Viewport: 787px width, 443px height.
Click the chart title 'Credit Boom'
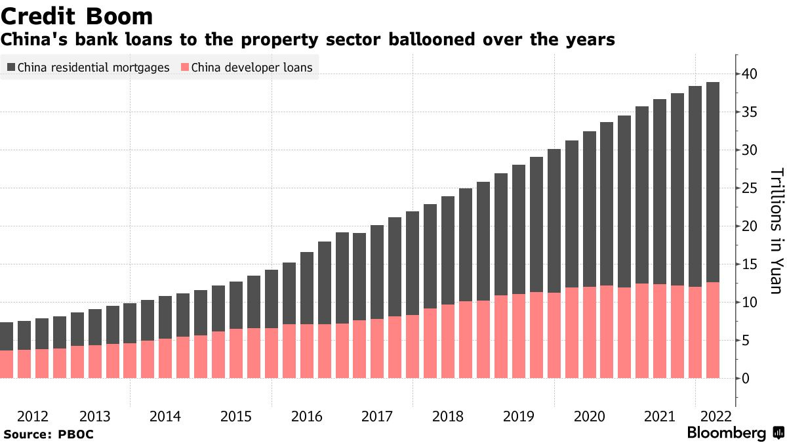coord(77,16)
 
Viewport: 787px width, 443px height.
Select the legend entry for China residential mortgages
coord(88,67)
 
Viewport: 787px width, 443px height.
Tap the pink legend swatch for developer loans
coord(185,67)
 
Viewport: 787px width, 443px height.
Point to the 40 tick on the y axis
coord(749,74)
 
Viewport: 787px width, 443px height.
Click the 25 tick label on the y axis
coord(749,188)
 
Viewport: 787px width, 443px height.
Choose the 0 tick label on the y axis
coord(746,379)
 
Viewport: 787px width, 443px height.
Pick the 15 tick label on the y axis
coord(749,264)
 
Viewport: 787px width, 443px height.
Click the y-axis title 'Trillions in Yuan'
coord(777,230)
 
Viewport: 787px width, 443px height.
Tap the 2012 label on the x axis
coord(33,416)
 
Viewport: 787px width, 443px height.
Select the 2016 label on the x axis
coord(307,416)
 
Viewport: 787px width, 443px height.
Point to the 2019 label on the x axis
coord(519,416)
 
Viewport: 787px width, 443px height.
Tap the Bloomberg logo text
coord(727,433)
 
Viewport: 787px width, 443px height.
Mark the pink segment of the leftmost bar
coord(7,364)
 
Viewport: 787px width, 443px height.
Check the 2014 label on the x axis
coord(165,416)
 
